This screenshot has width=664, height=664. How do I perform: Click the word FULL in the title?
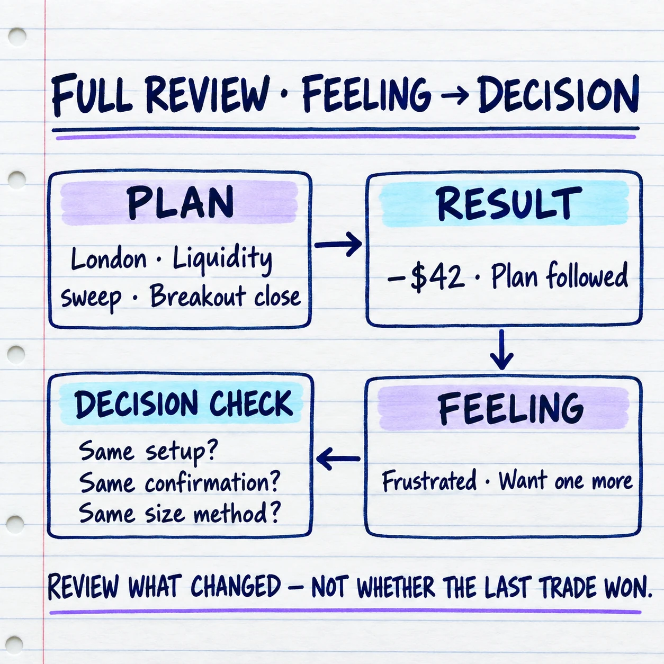(x=92, y=94)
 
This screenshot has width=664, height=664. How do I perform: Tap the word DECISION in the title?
(x=559, y=94)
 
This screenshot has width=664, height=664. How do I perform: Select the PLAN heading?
(x=180, y=202)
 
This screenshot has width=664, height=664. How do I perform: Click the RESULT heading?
(x=509, y=203)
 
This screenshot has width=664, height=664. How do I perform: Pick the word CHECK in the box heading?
(x=251, y=404)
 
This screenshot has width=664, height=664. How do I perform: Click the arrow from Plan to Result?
(x=338, y=244)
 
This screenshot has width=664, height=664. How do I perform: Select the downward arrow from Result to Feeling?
(x=501, y=350)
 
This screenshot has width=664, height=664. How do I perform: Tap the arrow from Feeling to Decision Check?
(x=338, y=459)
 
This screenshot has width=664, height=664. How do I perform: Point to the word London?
(x=109, y=258)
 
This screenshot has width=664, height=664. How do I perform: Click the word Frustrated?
(x=429, y=480)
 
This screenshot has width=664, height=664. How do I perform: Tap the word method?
(x=236, y=513)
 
